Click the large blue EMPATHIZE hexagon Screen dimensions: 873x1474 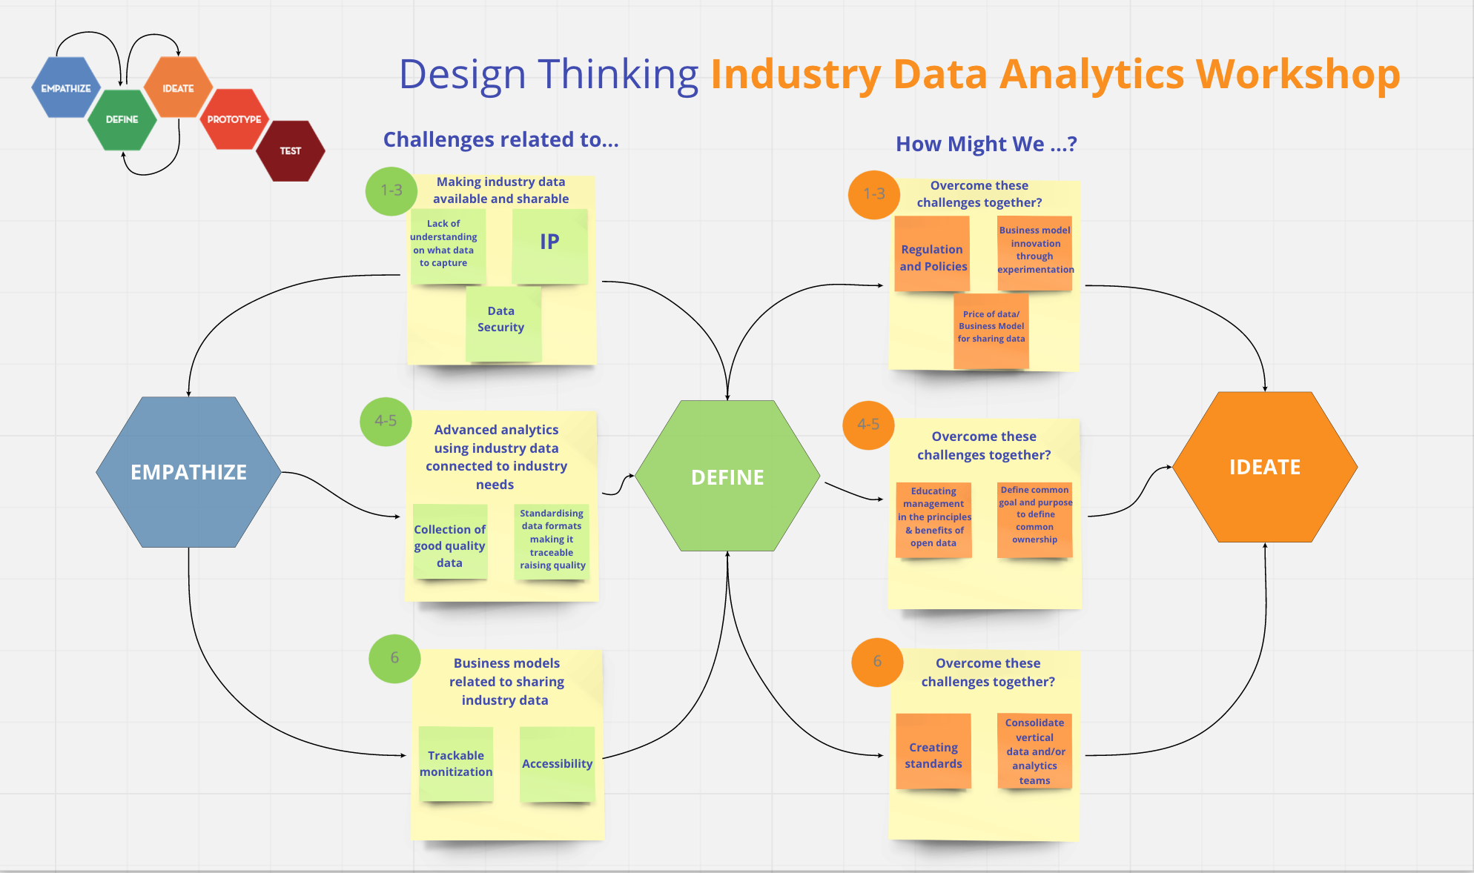188,472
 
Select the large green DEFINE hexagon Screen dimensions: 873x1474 727,477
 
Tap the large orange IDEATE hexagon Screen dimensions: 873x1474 1264,467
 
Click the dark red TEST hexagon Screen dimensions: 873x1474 291,150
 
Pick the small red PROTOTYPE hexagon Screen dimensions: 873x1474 234,119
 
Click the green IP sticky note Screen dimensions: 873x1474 549,245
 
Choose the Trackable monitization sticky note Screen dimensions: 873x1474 455,763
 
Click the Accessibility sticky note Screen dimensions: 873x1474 557,763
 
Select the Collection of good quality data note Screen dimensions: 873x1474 449,543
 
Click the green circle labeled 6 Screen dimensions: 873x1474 394,658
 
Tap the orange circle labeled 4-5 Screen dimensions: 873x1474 868,425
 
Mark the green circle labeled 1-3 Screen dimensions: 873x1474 391,190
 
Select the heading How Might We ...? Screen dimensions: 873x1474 985,144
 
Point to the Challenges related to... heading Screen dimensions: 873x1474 500,139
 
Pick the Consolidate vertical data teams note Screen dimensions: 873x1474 1034,751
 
